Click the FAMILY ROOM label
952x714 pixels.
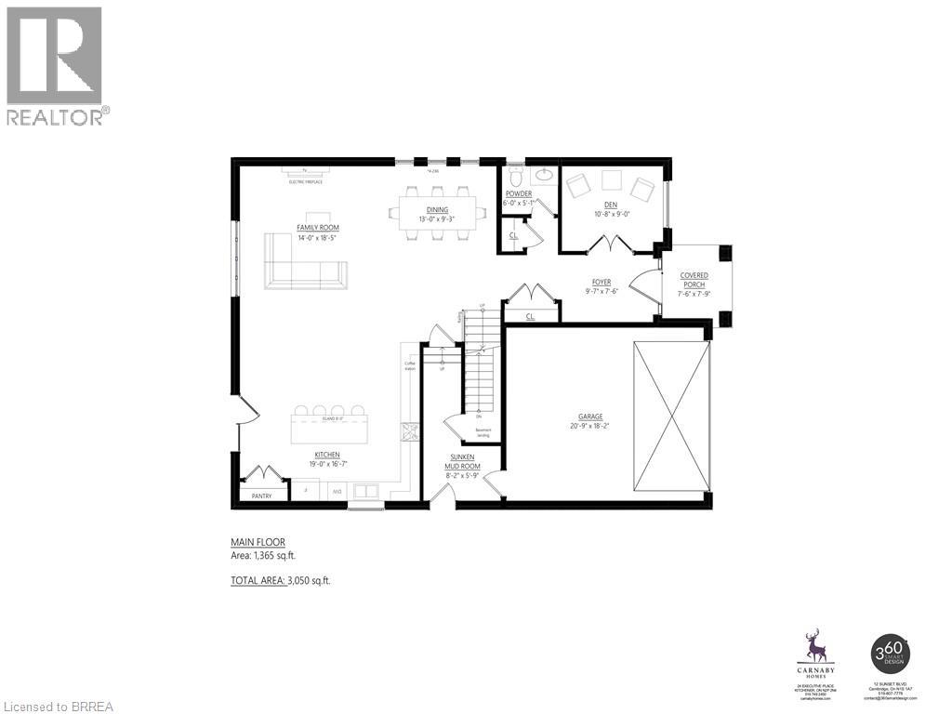coord(318,227)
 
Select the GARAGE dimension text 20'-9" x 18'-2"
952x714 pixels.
coord(590,426)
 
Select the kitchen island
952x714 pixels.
coord(330,430)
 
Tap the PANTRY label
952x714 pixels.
coord(261,496)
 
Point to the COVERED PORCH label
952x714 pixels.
coord(694,280)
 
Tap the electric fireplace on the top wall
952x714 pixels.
coord(304,172)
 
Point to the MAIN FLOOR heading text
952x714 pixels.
coord(258,542)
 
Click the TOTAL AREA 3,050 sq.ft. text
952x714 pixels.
coord(280,580)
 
